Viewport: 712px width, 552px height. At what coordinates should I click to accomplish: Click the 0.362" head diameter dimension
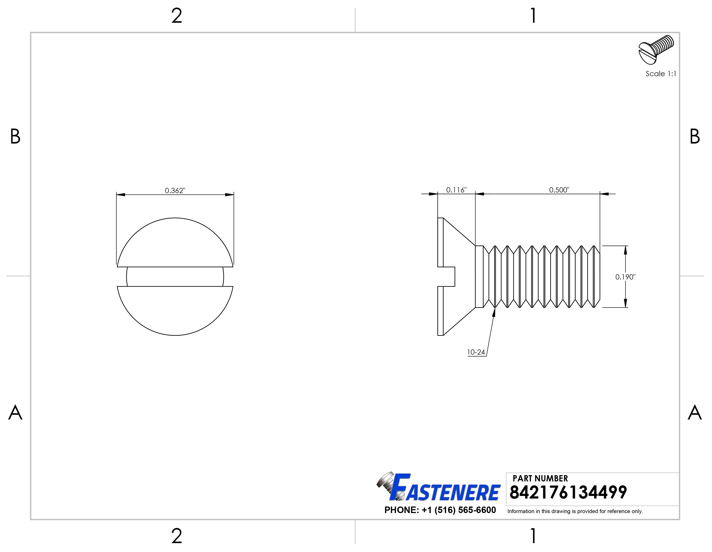pos(175,190)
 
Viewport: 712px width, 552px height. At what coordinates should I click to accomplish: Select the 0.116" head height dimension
pos(456,190)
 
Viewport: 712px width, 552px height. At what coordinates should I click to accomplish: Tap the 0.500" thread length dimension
pos(559,190)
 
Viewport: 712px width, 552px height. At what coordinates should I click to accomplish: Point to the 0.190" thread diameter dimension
pos(625,277)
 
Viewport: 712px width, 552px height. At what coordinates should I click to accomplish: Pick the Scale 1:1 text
pos(661,74)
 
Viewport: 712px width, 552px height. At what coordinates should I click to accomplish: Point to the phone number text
pos(440,510)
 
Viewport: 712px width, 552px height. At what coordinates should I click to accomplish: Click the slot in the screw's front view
pos(175,277)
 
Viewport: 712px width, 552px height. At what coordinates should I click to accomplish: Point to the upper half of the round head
pos(175,243)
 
